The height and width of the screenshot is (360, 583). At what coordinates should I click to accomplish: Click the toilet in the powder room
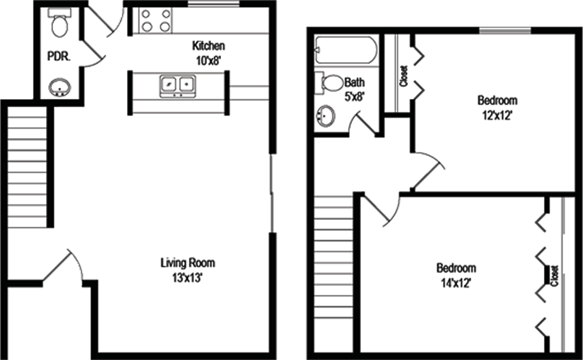(x=59, y=23)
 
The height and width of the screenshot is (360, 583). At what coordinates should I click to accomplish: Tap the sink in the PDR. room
(x=59, y=87)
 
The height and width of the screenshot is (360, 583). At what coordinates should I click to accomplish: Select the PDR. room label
(x=59, y=57)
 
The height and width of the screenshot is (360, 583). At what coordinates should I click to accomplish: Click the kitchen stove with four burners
(x=155, y=20)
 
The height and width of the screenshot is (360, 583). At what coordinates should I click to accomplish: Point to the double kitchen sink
(x=178, y=86)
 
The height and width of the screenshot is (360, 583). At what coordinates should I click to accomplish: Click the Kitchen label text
(x=208, y=46)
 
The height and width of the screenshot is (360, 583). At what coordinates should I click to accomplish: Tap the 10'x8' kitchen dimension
(x=209, y=60)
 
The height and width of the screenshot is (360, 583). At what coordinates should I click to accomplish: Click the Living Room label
(x=188, y=263)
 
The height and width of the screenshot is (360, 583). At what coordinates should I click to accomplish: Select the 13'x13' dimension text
(x=187, y=277)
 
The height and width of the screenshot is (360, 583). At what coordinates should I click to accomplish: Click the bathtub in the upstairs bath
(x=346, y=50)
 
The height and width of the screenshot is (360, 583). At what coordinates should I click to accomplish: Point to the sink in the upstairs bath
(x=325, y=116)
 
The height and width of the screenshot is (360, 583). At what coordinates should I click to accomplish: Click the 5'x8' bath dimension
(x=354, y=97)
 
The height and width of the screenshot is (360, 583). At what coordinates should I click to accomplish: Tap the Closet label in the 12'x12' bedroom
(x=404, y=76)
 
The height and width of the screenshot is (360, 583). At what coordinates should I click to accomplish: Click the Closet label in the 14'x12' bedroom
(x=555, y=276)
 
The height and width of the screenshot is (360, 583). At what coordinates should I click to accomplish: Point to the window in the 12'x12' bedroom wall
(x=505, y=31)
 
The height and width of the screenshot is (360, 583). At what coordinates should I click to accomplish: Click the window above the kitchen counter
(x=213, y=4)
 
